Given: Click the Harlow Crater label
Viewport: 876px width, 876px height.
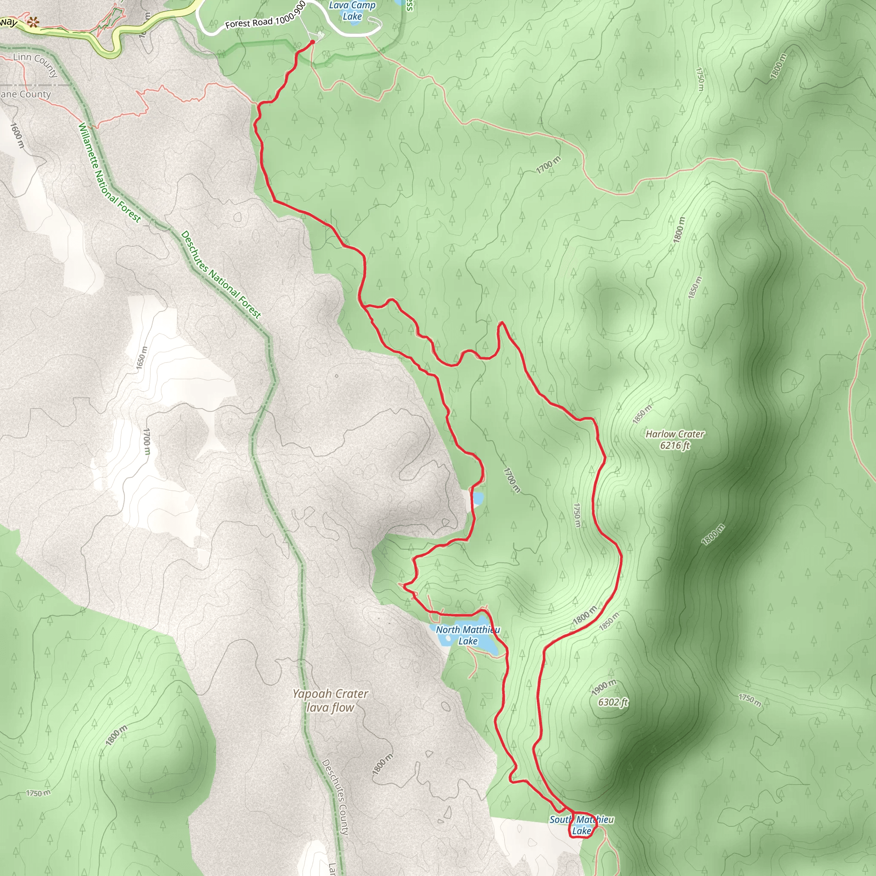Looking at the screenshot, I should click(x=675, y=434).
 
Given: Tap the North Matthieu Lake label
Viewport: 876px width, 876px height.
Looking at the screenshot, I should click(x=468, y=635).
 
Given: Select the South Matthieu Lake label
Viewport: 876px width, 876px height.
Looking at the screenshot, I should click(x=582, y=825).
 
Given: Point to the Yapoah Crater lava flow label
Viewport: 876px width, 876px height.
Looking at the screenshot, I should click(x=330, y=700).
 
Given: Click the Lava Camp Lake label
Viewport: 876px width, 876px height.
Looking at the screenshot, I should click(x=352, y=11).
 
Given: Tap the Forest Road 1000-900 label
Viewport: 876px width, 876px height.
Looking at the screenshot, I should click(x=265, y=16).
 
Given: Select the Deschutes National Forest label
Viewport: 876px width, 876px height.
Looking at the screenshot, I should click(x=221, y=275).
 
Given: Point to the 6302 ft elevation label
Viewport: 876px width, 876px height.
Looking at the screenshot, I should click(x=613, y=702).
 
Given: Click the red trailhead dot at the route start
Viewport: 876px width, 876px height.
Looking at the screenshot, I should click(x=312, y=42).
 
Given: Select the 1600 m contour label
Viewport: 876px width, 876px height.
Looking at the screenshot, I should click(x=17, y=135).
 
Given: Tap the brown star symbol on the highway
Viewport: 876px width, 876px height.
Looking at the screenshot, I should click(x=33, y=22).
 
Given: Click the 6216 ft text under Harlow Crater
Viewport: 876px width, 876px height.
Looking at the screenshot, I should click(x=675, y=445).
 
